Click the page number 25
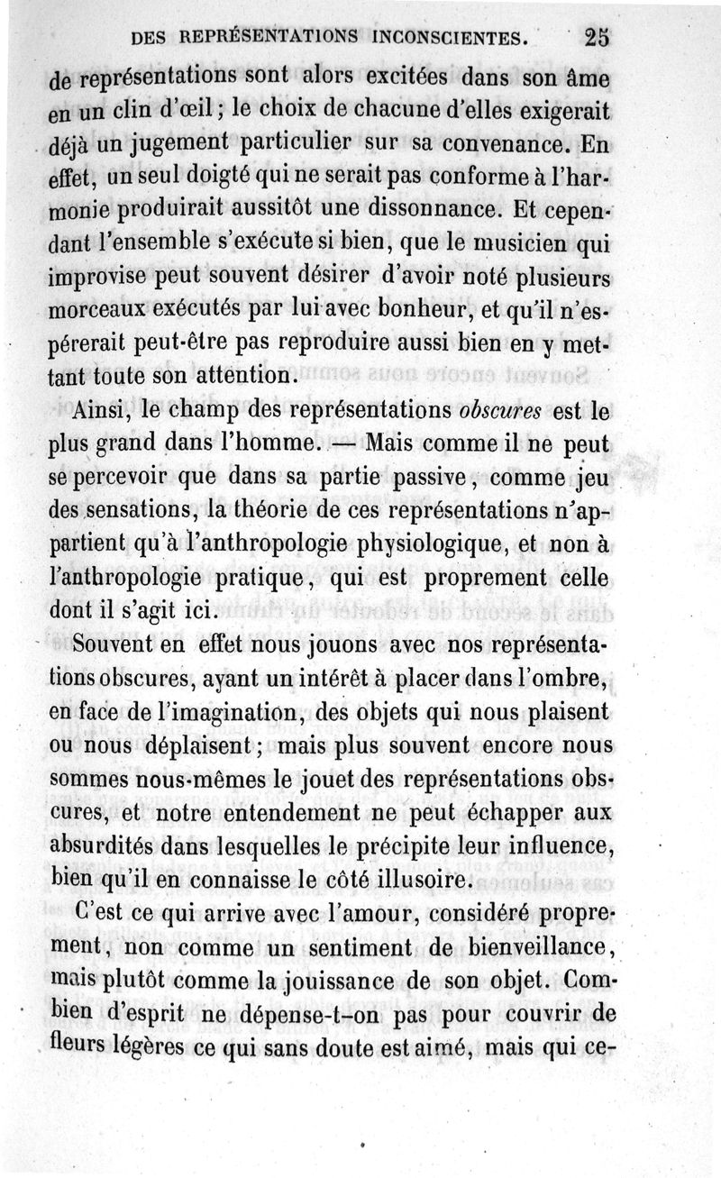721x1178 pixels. point(597,37)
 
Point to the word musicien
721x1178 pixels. point(507,243)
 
